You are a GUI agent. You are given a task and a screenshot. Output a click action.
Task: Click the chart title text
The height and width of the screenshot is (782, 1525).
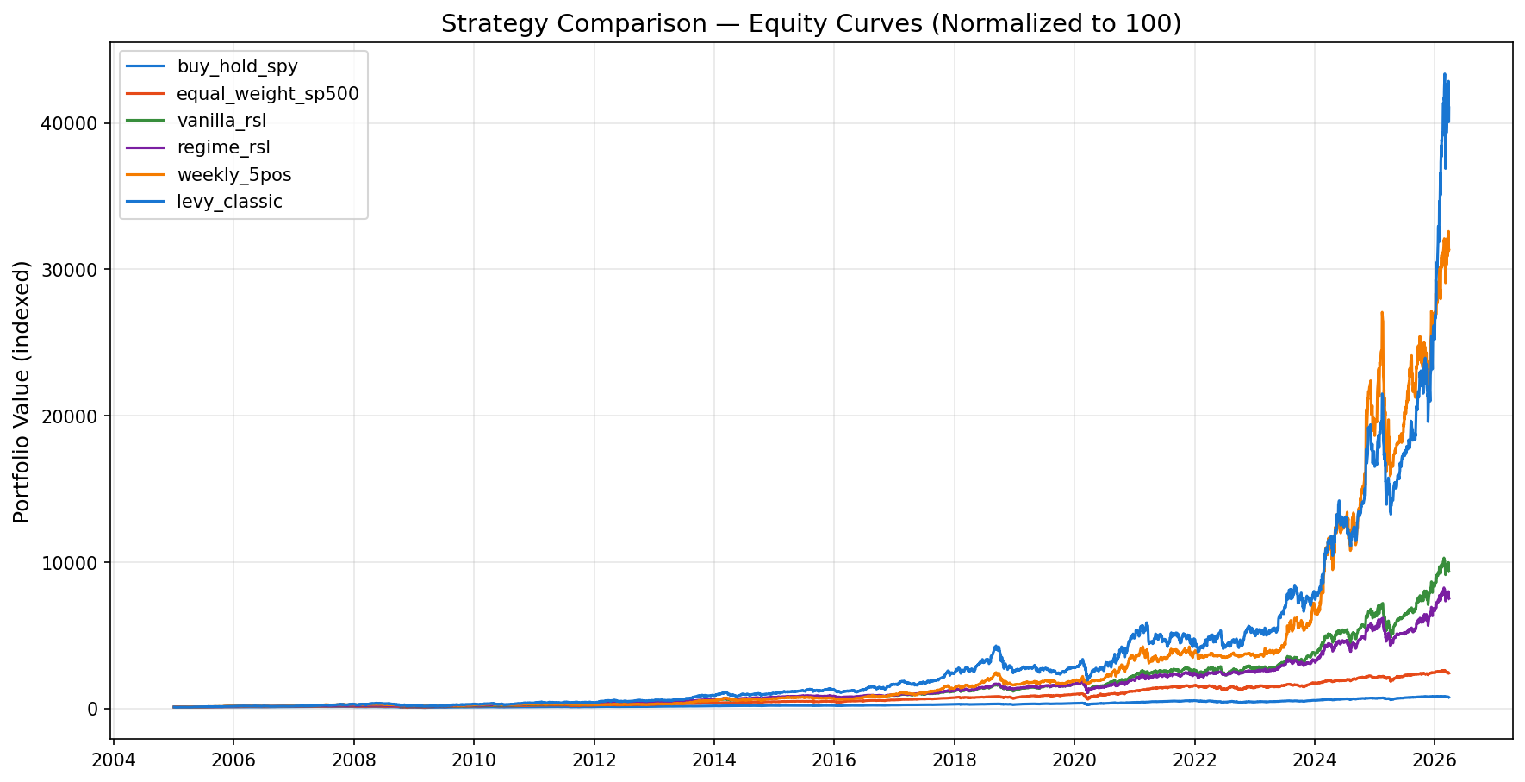coord(811,23)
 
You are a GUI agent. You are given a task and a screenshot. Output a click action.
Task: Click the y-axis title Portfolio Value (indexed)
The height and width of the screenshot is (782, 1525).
coord(22,391)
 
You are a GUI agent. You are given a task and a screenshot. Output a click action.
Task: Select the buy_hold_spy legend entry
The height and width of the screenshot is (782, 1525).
coord(237,66)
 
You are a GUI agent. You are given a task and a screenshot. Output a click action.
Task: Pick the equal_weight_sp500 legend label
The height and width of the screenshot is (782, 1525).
coord(267,93)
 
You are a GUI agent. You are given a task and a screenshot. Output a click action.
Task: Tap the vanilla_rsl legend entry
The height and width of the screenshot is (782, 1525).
coord(221,121)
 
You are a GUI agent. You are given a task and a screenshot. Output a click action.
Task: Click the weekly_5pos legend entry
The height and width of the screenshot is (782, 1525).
coord(233,175)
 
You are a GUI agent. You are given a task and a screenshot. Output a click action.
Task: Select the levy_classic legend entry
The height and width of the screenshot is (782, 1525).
coord(229,202)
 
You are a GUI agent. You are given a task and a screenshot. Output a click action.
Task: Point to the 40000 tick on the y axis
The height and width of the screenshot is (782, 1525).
coord(69,123)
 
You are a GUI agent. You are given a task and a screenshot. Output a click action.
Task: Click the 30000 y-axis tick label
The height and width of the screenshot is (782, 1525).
coord(69,270)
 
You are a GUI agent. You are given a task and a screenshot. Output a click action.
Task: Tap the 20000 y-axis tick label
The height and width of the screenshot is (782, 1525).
coord(69,416)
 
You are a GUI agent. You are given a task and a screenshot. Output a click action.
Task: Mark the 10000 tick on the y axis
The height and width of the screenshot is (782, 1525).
coord(69,562)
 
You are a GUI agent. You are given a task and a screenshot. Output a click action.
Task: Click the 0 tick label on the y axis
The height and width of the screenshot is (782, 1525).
coord(93,709)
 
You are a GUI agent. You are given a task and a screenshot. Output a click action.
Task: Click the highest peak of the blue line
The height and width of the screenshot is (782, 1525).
coord(1444,75)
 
